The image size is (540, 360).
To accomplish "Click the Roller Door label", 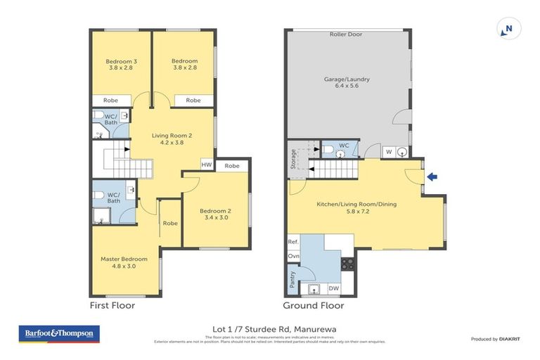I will [x=346, y=34].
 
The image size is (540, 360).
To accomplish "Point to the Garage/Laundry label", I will [x=347, y=83].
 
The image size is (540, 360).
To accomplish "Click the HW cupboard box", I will [x=207, y=165].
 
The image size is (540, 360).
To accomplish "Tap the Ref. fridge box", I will [x=294, y=242].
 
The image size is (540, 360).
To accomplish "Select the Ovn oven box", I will [x=294, y=257].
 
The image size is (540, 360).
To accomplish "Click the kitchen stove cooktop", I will [x=347, y=264].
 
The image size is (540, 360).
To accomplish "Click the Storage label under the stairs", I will [x=292, y=159].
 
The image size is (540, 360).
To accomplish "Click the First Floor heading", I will [x=112, y=306].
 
